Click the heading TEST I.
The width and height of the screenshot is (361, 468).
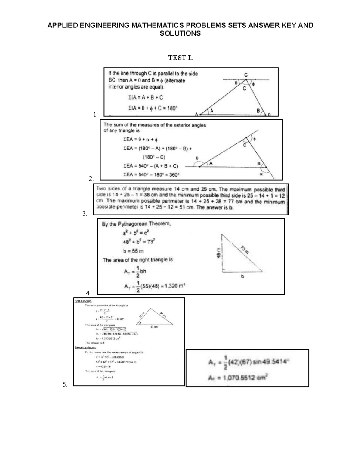pyautogui.click(x=180, y=58)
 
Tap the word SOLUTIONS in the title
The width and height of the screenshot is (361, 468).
pyautogui.click(x=180, y=33)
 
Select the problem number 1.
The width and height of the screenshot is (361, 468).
pyautogui.click(x=95, y=114)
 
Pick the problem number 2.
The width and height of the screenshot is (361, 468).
pyautogui.click(x=91, y=178)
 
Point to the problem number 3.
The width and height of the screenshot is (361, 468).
pyautogui.click(x=85, y=214)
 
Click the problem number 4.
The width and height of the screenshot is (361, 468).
pyautogui.click(x=88, y=293)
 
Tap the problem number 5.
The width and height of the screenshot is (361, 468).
pyautogui.click(x=64, y=384)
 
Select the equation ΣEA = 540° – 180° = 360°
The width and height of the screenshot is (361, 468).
pyautogui.click(x=151, y=174)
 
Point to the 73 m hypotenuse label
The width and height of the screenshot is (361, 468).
pyautogui.click(x=246, y=249)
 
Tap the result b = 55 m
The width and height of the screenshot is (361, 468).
pyautogui.click(x=133, y=251)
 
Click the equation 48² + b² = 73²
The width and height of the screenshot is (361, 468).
pyautogui.click(x=138, y=242)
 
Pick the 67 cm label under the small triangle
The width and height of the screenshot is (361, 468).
pyautogui.click(x=154, y=327)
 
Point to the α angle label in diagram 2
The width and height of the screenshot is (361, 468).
pyautogui.click(x=261, y=174)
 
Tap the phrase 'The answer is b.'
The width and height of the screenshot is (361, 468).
pyautogui.click(x=215, y=207)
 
